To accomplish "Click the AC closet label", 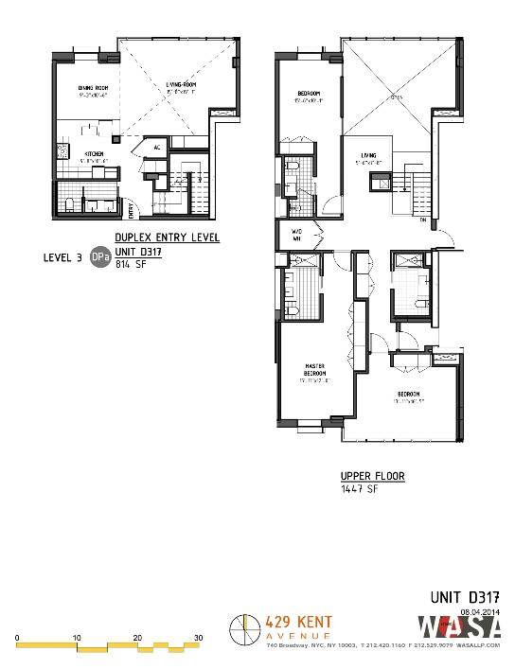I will click(157, 148).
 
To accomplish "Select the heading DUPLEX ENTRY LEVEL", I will click(167, 238).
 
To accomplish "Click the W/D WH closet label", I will click(295, 236).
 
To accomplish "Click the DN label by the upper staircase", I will click(422, 220).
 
